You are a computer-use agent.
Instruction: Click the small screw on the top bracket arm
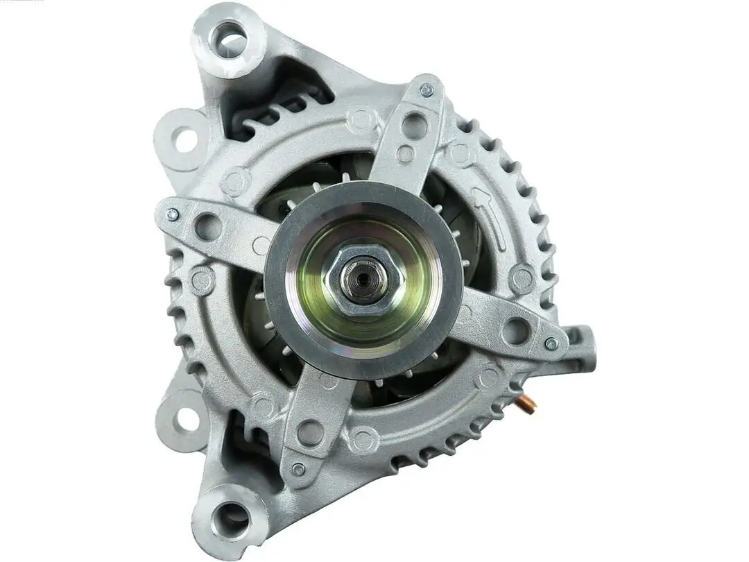point(427,90)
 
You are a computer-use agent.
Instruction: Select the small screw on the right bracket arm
point(551,343)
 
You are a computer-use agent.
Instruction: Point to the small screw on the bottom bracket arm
point(298,469)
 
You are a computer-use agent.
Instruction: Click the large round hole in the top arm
point(415,126)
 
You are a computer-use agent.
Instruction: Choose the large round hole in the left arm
point(208,226)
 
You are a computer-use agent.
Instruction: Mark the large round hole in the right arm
point(515,330)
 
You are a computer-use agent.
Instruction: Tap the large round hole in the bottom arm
point(310,432)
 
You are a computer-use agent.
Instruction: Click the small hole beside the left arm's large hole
point(261,245)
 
